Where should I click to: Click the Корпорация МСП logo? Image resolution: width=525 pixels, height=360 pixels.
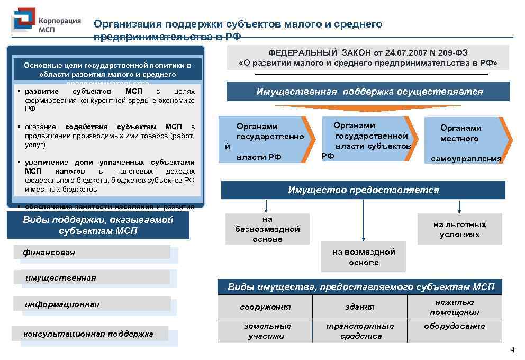[x=47, y=22]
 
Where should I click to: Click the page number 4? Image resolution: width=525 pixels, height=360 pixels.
[x=512, y=350]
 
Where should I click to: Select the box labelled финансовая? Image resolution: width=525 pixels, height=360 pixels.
[x=95, y=253]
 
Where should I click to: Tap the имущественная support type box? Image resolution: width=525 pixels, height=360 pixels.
[x=95, y=278]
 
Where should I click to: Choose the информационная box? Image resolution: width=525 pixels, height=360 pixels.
[x=95, y=304]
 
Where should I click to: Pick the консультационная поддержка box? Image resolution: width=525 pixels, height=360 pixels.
[x=94, y=334]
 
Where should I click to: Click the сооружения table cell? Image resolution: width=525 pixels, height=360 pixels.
[x=265, y=307]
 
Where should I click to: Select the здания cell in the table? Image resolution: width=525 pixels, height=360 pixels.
[x=359, y=307]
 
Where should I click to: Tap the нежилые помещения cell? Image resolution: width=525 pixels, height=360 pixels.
[x=454, y=307]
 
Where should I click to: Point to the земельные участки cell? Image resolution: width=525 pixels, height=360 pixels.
[x=265, y=331]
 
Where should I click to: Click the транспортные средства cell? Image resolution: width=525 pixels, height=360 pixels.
[x=359, y=331]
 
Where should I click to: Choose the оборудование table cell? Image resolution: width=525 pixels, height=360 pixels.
[x=454, y=326]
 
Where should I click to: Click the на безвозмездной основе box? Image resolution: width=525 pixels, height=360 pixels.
[x=267, y=229]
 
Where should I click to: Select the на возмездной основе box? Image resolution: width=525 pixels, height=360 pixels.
[x=364, y=257]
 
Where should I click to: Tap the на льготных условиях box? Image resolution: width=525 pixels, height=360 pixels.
[x=459, y=229]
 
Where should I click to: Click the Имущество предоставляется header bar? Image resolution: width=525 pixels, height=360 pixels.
[x=363, y=190]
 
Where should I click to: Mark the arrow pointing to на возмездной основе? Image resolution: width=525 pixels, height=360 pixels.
[x=364, y=220]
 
